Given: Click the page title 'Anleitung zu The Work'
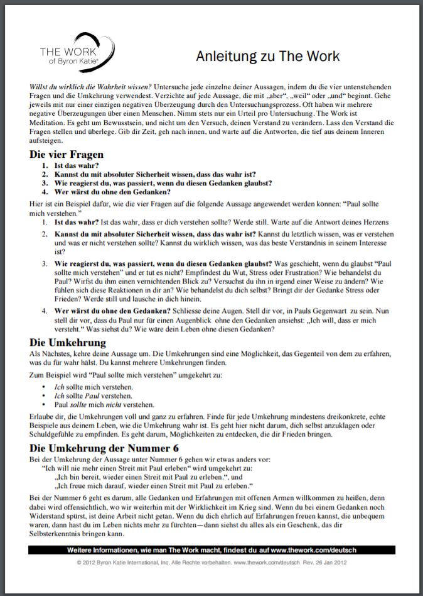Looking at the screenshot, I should [268, 56].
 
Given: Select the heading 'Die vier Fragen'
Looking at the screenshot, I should [67, 155].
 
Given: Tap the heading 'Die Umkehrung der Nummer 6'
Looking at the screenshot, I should [104, 448].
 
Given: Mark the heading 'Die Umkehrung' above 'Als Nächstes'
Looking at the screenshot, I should [68, 343].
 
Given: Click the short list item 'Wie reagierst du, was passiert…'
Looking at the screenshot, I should [163, 183].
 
